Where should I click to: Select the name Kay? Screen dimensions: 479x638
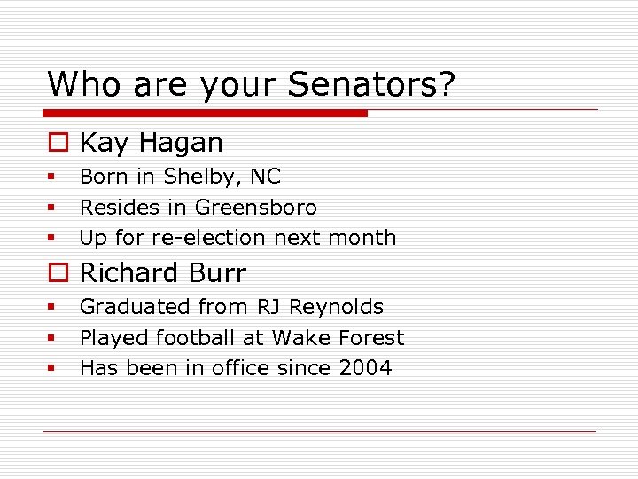click(102, 143)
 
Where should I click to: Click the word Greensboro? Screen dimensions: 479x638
click(256, 208)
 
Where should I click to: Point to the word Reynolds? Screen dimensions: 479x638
click(339, 307)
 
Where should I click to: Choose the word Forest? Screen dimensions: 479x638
click(370, 338)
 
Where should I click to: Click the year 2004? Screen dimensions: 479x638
click(365, 368)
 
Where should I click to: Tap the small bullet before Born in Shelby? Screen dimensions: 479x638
click(53, 177)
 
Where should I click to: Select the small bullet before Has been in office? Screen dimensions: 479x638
click(53, 369)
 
